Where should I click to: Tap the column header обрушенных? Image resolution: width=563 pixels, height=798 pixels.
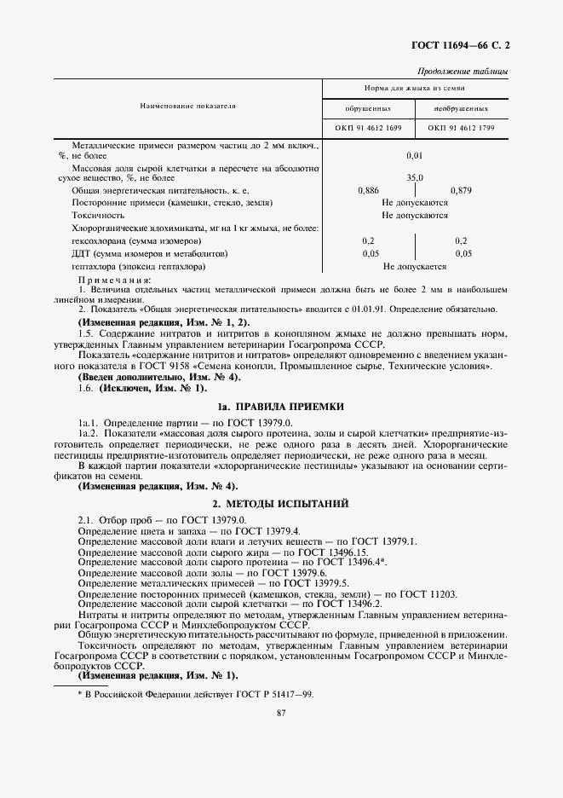click(x=368, y=109)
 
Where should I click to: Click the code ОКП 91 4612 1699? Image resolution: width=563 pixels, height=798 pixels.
click(x=368, y=128)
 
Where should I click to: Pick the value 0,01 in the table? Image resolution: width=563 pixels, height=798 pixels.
click(x=415, y=155)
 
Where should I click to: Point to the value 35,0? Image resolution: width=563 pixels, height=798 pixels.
click(x=415, y=177)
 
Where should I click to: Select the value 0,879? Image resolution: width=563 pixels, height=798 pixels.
click(x=461, y=191)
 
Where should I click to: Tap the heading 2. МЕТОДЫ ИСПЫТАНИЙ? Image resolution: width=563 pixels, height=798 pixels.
click(x=281, y=504)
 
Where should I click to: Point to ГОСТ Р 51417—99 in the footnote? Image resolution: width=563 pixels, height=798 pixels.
click(x=272, y=694)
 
